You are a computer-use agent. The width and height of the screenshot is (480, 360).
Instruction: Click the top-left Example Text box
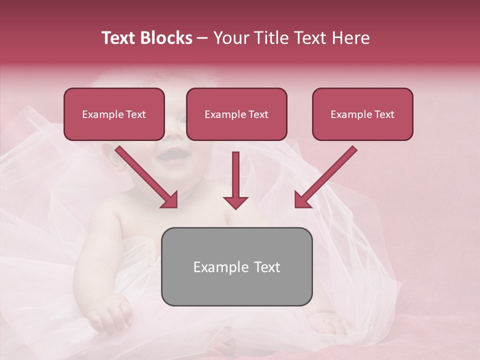click(114, 114)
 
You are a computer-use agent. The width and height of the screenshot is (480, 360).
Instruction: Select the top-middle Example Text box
click(236, 114)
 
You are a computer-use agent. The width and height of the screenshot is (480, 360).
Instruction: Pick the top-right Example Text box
click(362, 114)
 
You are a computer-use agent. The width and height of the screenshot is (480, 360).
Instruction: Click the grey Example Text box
click(236, 266)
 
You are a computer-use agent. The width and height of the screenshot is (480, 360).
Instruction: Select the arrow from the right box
click(325, 177)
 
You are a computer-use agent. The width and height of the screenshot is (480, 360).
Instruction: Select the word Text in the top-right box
click(384, 114)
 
